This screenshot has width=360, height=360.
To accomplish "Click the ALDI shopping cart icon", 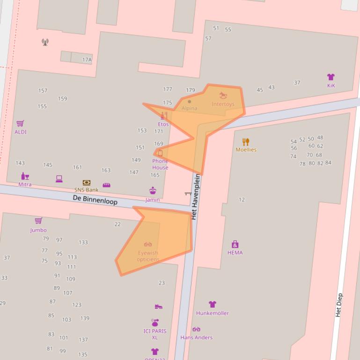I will pyautogui.click(x=20, y=123).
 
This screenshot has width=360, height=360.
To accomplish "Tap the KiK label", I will pyautogui.click(x=331, y=86).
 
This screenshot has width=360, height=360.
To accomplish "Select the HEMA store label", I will pyautogui.click(x=235, y=252).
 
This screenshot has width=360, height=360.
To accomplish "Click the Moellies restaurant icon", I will pyautogui.click(x=246, y=142).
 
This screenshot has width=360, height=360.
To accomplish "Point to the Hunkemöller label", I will pyautogui.click(x=213, y=313).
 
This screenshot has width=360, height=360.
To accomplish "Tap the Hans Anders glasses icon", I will pyautogui.click(x=196, y=330).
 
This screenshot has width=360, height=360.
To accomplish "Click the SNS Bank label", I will pyautogui.click(x=86, y=190).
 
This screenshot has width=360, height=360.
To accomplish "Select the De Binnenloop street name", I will pyautogui.click(x=95, y=200).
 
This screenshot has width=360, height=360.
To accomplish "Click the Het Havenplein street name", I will pyautogui.click(x=196, y=197).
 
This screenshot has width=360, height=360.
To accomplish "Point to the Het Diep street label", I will pyautogui.click(x=339, y=305).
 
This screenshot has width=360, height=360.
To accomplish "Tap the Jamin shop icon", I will pyautogui.click(x=153, y=191).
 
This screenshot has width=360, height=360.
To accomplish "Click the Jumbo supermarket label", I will pyautogui.click(x=38, y=230).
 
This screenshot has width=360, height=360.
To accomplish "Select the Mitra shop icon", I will pyautogui.click(x=25, y=176).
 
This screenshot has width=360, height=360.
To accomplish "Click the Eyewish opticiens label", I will pyautogui.click(x=148, y=256).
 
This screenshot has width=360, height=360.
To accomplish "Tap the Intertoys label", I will pyautogui.click(x=223, y=104).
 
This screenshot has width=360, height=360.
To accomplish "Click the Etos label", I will pyautogui.click(x=163, y=124).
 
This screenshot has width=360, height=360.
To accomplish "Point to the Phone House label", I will pyautogui.click(x=160, y=164).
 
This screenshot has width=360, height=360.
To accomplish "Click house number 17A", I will pyautogui.click(x=87, y=60).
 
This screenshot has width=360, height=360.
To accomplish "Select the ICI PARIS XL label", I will pyautogui.click(x=155, y=334).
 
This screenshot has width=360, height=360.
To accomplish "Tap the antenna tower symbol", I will pyautogui.click(x=45, y=43).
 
